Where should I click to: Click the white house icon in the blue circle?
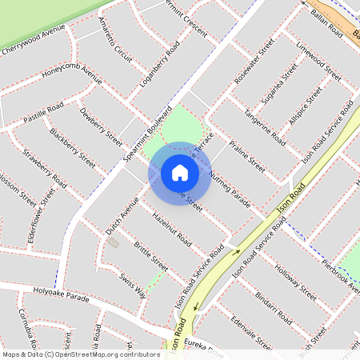pos(179,173)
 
